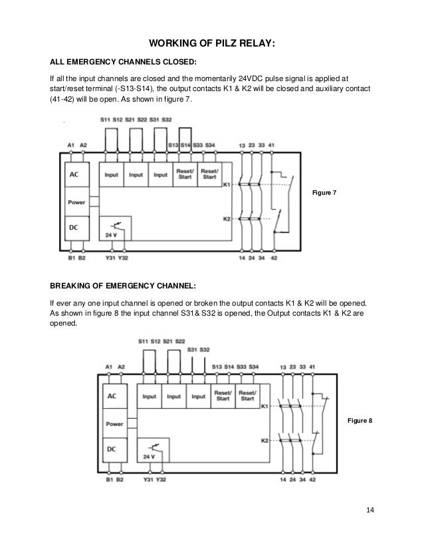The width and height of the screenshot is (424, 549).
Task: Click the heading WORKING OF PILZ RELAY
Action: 211,44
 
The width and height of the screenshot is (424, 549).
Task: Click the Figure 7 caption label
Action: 324,192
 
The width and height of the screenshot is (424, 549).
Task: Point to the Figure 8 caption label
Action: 362,421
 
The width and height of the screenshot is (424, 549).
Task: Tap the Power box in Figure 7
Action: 76,200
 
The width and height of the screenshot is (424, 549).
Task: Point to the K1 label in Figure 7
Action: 226,184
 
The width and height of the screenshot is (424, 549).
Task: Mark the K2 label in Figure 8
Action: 265,439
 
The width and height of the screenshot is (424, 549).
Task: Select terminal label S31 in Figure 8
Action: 191,349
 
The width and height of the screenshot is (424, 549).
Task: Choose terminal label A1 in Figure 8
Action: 108,366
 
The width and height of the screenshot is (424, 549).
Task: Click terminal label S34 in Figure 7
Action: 209,144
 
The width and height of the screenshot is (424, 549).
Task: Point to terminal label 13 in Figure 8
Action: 282,366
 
